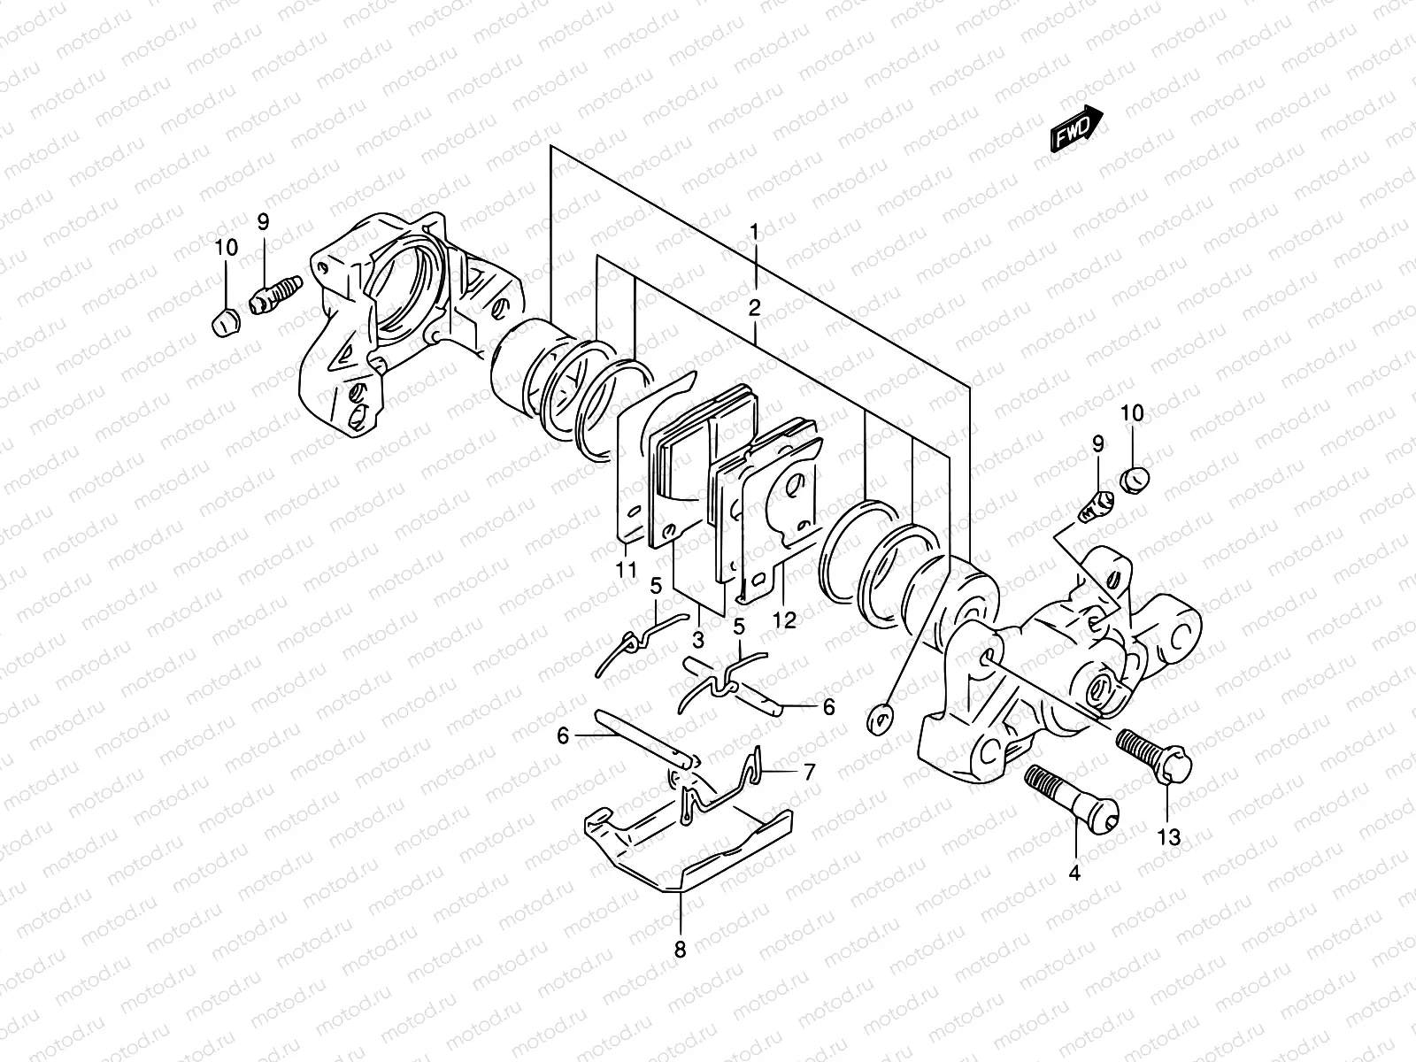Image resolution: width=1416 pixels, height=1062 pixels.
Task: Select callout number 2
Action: [754, 309]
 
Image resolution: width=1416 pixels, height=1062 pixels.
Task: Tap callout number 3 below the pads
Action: [698, 639]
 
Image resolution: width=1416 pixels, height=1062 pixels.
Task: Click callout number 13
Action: [1169, 837]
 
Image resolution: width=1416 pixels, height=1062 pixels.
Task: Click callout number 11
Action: [627, 571]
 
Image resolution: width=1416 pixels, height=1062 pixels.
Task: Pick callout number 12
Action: [783, 620]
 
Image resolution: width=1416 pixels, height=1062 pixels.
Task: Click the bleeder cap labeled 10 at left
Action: [225, 324]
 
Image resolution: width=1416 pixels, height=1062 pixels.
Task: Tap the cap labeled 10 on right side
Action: [1135, 481]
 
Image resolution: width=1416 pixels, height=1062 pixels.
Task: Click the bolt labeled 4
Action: [1071, 800]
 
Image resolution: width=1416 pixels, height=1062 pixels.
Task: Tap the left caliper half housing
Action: [389, 319]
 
